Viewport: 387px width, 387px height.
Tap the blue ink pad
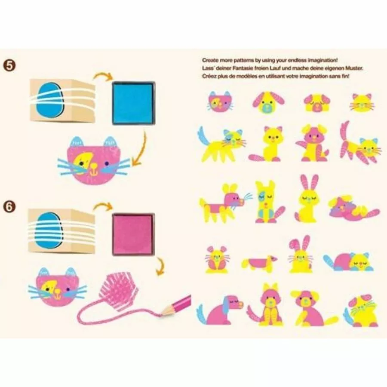(132, 103)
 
